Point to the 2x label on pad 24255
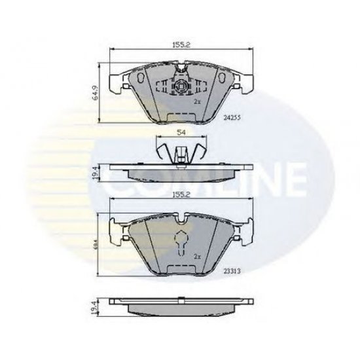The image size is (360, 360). pyautogui.click(x=196, y=103)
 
